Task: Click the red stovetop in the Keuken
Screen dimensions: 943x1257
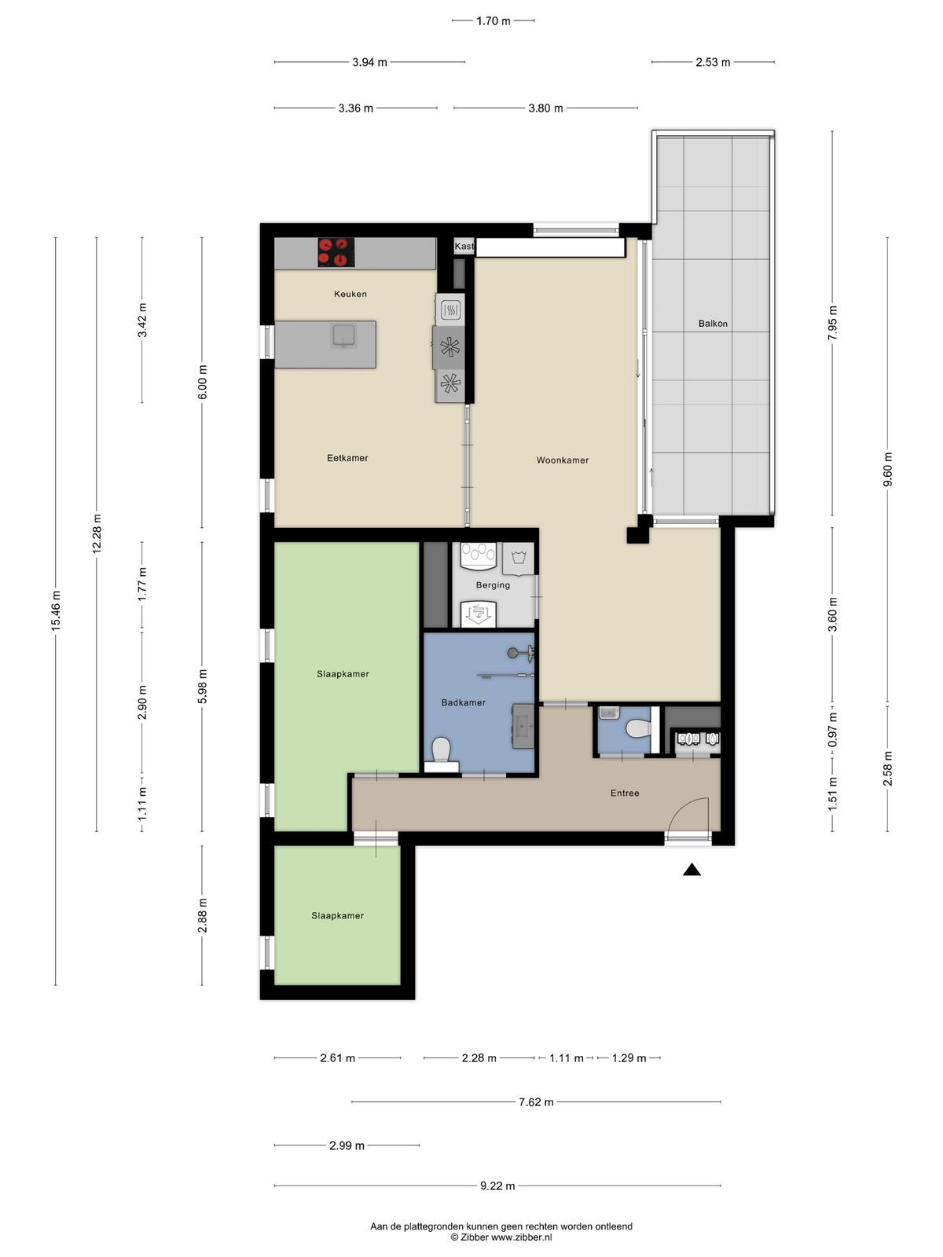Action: click(x=336, y=252)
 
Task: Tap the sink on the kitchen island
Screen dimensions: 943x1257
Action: click(x=343, y=335)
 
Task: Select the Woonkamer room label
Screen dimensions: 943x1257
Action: click(x=562, y=460)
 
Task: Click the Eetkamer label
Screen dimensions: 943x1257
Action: click(x=347, y=458)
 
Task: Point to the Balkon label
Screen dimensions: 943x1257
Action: click(x=713, y=324)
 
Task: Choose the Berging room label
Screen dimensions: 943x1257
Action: click(x=493, y=585)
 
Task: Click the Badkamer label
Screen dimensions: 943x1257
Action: click(x=463, y=702)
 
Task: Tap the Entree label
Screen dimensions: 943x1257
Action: click(x=625, y=793)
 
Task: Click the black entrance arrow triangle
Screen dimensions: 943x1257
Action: click(x=692, y=870)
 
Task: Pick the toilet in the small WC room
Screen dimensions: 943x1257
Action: click(x=638, y=728)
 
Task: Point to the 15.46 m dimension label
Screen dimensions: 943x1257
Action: click(x=56, y=610)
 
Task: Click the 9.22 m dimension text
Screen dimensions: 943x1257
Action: click(x=497, y=1186)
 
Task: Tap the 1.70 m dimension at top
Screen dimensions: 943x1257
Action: click(x=493, y=21)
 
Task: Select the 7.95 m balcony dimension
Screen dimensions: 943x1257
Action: click(x=832, y=323)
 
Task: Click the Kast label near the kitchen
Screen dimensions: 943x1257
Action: click(x=464, y=246)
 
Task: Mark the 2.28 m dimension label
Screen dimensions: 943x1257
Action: click(x=479, y=1058)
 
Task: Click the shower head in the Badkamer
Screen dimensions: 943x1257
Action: click(x=512, y=653)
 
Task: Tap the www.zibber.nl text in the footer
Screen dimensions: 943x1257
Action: click(x=521, y=1237)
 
